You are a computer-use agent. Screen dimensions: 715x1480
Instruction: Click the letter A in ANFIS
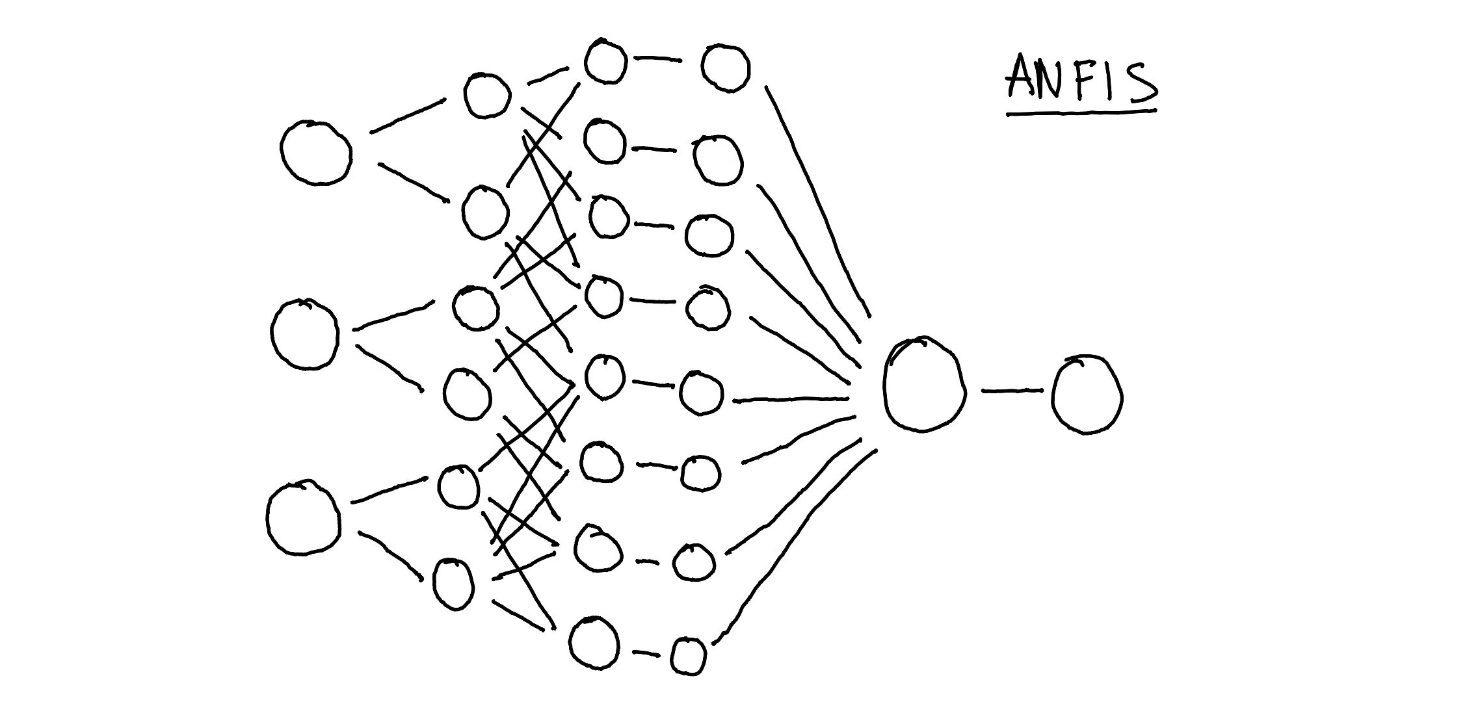[x=1025, y=77]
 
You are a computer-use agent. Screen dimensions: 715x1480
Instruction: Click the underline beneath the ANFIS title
[x=1081, y=113]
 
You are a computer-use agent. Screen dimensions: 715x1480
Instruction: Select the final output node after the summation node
[x=1087, y=395]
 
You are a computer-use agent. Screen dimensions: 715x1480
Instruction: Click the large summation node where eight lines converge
[x=922, y=384]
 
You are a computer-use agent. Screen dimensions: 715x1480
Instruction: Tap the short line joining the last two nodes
[x=1011, y=391]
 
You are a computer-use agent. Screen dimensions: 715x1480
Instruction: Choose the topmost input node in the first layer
[x=317, y=153]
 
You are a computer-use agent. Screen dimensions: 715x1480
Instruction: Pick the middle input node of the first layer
[x=304, y=334]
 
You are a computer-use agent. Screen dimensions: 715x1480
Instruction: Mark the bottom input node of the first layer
[x=303, y=518]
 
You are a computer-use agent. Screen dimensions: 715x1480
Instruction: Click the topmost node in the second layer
[x=487, y=95]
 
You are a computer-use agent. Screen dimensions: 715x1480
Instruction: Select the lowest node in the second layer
[x=453, y=584]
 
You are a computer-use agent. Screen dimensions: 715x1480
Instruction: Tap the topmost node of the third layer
[x=605, y=61]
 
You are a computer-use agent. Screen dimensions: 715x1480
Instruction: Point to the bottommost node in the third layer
[x=594, y=643]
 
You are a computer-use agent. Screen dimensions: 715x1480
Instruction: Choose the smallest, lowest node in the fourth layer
[x=688, y=656]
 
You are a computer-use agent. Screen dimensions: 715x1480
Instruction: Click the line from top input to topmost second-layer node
[x=408, y=116]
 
